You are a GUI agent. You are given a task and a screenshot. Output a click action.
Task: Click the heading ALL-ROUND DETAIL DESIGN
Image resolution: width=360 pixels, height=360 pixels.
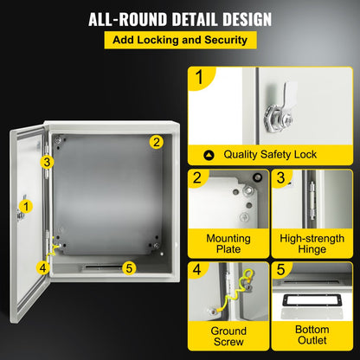pos(179,19)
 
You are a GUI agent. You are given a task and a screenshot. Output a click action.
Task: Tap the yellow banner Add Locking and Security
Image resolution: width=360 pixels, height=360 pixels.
pos(179,41)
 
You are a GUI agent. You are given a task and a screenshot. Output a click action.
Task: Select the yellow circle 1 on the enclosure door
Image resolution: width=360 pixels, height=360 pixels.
pos(27,206)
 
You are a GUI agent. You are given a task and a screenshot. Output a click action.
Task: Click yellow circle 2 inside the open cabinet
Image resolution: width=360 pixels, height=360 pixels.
pos(156,142)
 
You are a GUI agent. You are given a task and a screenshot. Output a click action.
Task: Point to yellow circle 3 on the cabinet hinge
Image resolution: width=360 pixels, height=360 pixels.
pos(48,161)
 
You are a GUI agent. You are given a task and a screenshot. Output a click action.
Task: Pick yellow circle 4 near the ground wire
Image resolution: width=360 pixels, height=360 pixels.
pos(42,267)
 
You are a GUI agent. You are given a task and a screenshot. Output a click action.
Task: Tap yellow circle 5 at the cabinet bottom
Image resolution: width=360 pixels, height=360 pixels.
pos(129,267)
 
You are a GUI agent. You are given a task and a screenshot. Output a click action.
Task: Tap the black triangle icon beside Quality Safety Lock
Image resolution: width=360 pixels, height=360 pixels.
pos(208,155)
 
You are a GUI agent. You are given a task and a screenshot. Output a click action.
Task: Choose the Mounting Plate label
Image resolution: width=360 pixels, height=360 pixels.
pos(228,244)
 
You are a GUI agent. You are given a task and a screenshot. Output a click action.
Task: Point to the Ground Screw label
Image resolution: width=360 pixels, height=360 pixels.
pos(228,337)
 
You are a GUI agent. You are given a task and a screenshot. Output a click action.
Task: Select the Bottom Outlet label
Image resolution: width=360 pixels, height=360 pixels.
pos(312,337)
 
